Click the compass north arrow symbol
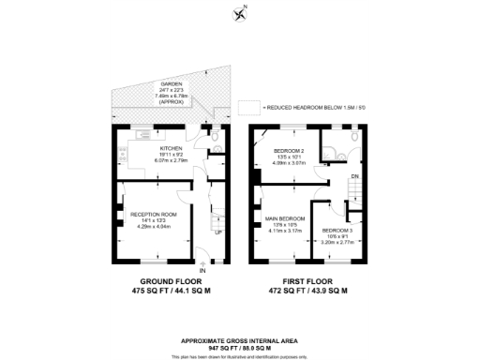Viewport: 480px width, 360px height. [240, 12]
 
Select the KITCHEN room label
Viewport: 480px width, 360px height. [170, 148]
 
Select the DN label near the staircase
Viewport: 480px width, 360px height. [353, 175]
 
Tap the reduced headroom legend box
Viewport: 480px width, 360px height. [247, 108]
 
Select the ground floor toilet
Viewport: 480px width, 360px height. [216, 142]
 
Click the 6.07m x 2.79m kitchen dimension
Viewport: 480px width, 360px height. [170, 160]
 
